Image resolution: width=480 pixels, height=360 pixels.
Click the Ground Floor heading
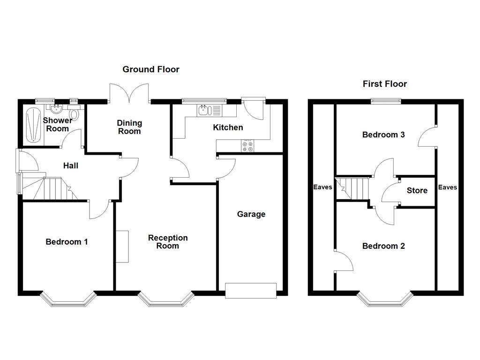click(151, 69)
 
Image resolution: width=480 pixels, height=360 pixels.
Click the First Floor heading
click(385, 84)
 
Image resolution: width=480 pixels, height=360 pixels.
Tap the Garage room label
click(251, 214)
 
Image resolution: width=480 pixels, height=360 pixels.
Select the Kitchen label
click(228, 127)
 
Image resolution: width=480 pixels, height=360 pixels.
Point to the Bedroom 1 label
click(67, 242)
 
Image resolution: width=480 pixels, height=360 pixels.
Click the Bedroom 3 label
click(383, 135)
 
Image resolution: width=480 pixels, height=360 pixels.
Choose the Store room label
click(417, 190)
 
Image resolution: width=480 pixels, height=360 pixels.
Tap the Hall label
click(71, 165)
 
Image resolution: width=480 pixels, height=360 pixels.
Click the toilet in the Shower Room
click(75, 114)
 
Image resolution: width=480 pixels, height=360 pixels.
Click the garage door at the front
click(251, 291)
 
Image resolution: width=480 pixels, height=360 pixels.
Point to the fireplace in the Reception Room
click(122, 247)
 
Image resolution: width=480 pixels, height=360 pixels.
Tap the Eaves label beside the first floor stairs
click(322, 187)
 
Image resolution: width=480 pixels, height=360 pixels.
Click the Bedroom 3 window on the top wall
click(386, 101)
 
